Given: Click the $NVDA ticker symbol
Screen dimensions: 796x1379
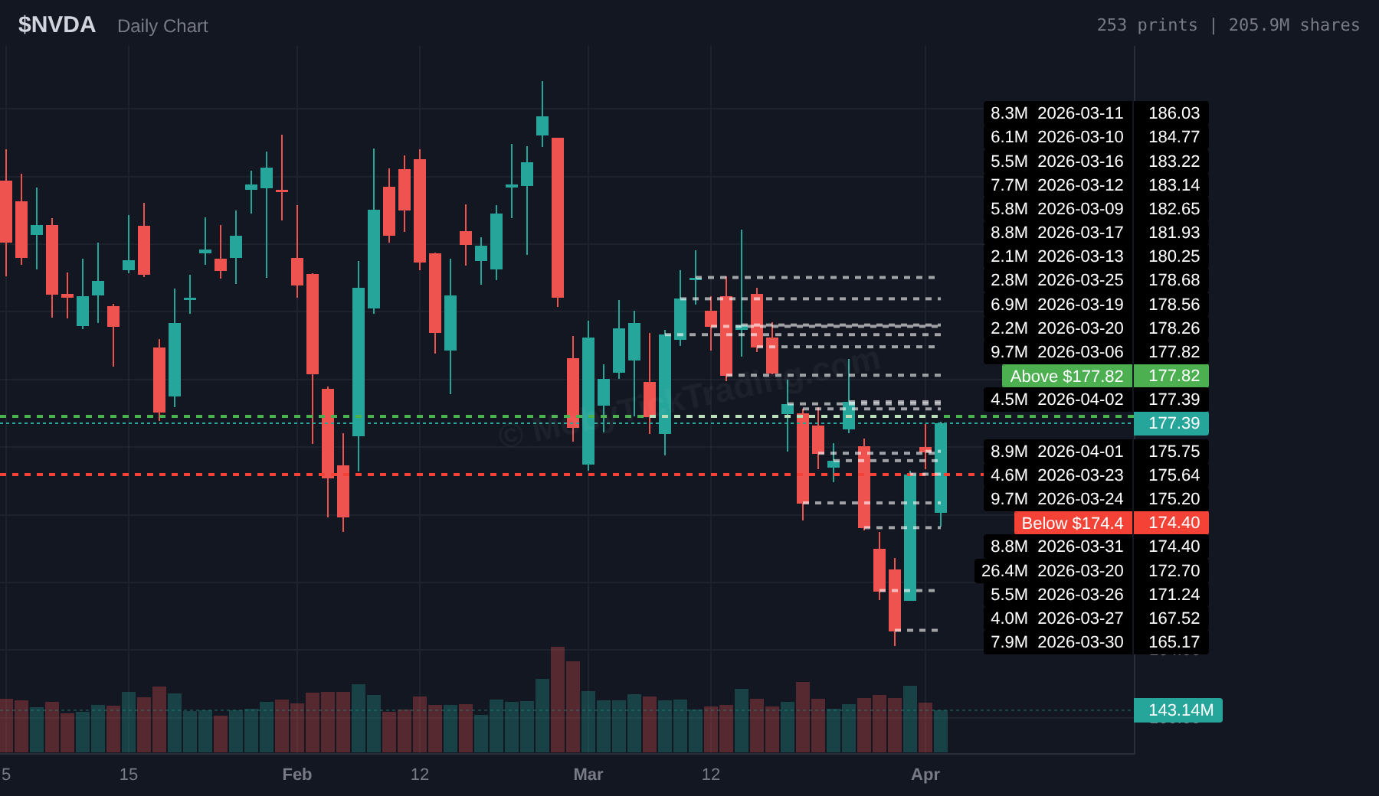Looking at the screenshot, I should click(x=57, y=25).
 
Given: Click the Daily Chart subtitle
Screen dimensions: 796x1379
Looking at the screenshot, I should click(x=162, y=26).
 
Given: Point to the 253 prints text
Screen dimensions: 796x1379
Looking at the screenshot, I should click(x=1146, y=25).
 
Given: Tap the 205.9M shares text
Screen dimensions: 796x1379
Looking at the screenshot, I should click(x=1294, y=25).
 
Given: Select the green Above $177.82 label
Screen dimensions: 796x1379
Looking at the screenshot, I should click(x=1066, y=376).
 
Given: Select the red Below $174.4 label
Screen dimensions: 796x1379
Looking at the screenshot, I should click(x=1072, y=523).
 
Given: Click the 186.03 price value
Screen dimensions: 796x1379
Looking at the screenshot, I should click(x=1174, y=113).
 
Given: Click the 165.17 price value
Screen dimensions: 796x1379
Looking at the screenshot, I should click(x=1174, y=642).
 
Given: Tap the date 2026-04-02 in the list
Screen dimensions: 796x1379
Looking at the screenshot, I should click(x=1080, y=400).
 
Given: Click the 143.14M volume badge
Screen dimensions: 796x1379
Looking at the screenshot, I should click(x=1180, y=710).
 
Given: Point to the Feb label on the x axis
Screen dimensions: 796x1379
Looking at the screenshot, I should click(x=296, y=775).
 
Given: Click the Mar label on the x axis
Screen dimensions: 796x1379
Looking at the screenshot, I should click(x=588, y=775).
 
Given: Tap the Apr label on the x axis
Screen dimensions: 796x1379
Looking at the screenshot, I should click(x=925, y=775).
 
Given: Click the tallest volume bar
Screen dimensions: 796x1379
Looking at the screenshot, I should click(x=558, y=700).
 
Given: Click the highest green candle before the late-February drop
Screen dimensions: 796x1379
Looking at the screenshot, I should click(x=542, y=126).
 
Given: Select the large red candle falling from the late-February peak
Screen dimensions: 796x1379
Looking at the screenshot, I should click(x=558, y=218).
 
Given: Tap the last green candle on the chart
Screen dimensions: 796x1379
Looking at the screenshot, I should click(x=941, y=467).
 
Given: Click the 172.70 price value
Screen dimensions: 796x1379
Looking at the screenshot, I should click(x=1174, y=571).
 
